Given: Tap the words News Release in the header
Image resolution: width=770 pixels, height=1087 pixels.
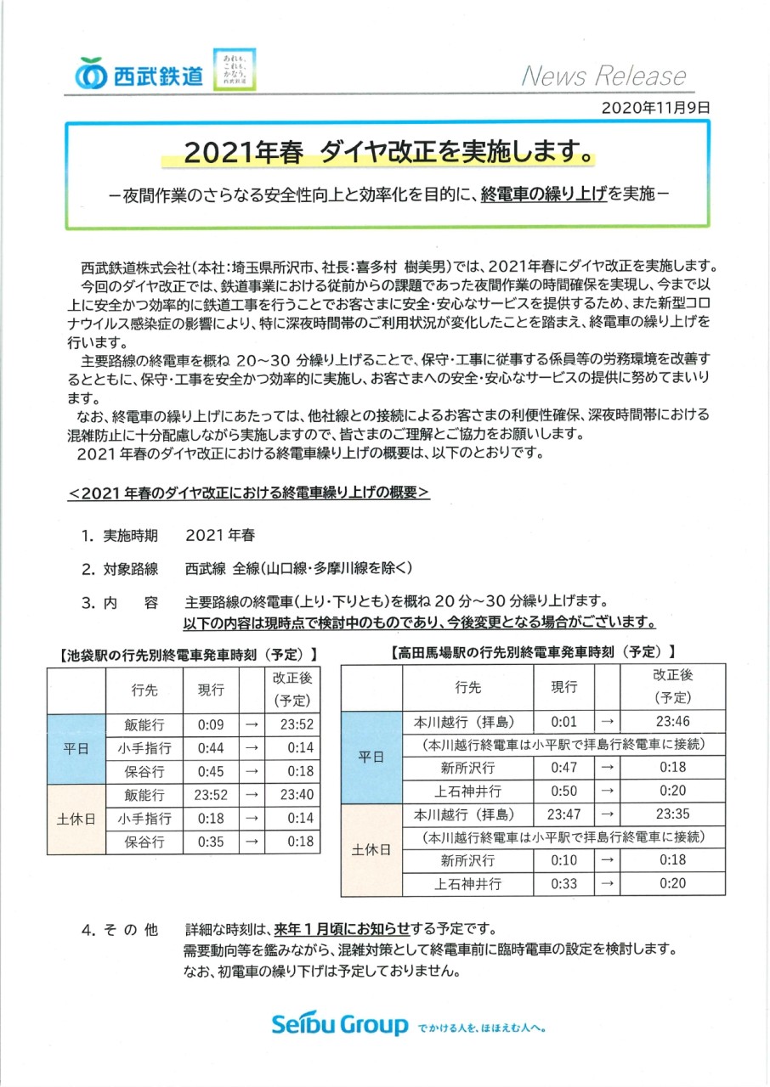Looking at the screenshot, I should [603, 76].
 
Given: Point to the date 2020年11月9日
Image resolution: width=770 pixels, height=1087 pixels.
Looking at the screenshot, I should [654, 108].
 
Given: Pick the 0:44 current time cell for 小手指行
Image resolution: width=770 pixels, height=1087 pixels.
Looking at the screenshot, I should [210, 748].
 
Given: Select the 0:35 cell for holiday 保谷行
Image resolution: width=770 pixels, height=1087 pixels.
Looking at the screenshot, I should [210, 842].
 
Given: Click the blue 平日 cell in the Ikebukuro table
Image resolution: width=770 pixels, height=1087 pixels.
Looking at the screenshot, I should [76, 749].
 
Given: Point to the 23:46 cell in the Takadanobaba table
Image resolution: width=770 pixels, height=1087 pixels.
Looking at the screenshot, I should [672, 721].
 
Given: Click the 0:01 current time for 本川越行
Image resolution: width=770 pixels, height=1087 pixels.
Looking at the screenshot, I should [563, 721].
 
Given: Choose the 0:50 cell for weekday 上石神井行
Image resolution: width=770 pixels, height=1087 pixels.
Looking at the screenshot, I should [563, 791].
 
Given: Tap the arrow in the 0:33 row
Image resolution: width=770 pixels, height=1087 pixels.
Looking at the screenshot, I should [607, 883].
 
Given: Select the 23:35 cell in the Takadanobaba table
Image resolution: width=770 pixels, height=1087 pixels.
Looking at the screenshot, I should [672, 814].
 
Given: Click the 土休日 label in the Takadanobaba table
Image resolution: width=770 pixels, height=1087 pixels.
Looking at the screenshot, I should [371, 849].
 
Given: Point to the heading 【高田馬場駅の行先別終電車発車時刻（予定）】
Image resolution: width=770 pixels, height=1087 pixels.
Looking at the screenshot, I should [532, 652].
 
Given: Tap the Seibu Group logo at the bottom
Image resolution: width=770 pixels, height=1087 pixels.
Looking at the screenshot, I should [340, 1025].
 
